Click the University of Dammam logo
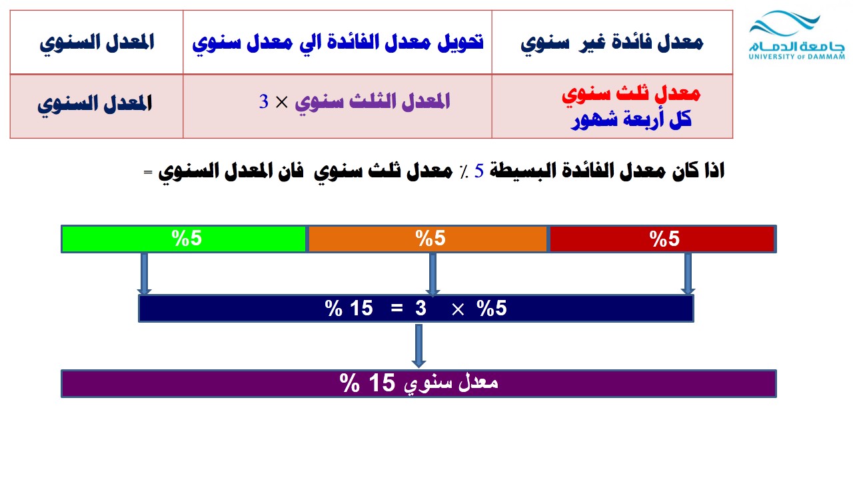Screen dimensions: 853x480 click(x=796, y=35)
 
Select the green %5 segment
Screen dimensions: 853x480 click(x=184, y=239)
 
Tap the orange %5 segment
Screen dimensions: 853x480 click(x=427, y=239)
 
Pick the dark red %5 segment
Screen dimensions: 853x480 click(x=662, y=239)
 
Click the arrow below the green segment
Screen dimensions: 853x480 click(x=145, y=273)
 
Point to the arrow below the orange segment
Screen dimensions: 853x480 click(x=432, y=273)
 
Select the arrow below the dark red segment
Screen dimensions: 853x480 click(x=688, y=273)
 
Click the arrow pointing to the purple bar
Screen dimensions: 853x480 click(x=419, y=346)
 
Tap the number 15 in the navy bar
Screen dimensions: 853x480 click(x=361, y=308)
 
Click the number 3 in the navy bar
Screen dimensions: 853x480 click(x=421, y=308)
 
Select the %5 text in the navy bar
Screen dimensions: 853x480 click(x=492, y=308)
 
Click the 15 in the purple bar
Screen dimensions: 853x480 click(x=382, y=383)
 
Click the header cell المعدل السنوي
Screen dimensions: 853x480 click(x=97, y=43)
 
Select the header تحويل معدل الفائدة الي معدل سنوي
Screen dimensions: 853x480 click(x=338, y=43)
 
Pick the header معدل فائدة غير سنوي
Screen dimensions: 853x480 click(x=612, y=43)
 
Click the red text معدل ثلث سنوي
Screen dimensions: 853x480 click(x=631, y=94)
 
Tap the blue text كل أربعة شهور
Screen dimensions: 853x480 click(x=631, y=119)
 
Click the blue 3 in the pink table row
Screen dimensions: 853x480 click(x=263, y=102)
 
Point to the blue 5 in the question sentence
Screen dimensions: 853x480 click(x=478, y=171)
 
